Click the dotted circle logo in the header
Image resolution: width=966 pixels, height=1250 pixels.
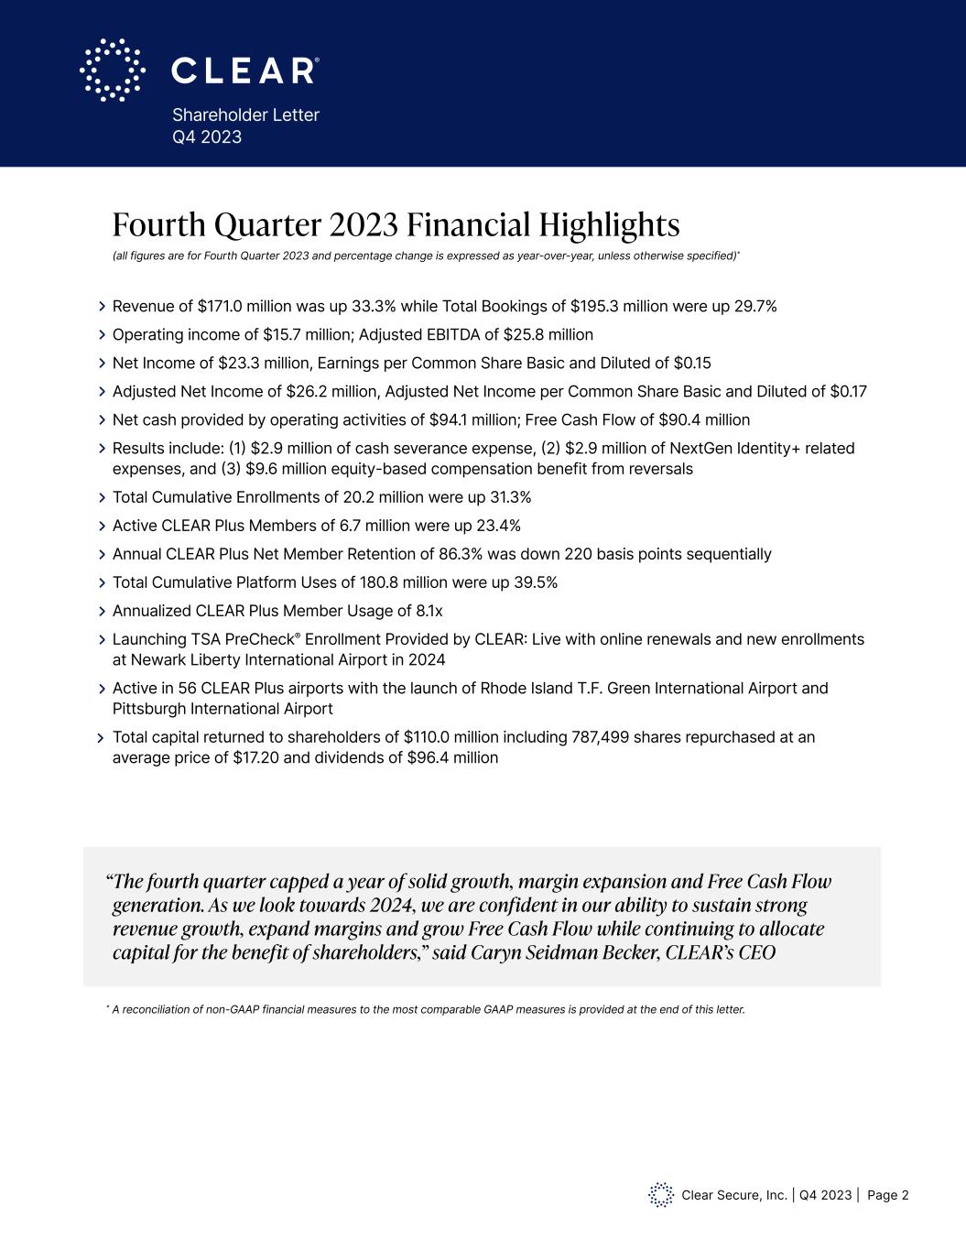tap(113, 70)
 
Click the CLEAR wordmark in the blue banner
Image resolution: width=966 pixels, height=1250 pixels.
tap(244, 71)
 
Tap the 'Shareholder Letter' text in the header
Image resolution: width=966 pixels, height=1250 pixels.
tap(245, 114)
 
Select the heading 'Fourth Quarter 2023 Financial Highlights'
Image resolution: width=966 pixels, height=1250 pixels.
tap(396, 224)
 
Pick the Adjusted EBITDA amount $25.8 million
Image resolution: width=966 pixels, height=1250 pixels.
tap(548, 334)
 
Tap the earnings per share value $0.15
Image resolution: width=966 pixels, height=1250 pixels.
tap(692, 363)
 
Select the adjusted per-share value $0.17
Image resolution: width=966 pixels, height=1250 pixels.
tap(848, 391)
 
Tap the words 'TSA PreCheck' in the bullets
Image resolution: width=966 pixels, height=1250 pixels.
tap(247, 639)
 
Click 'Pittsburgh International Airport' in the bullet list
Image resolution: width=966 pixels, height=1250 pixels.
tap(223, 709)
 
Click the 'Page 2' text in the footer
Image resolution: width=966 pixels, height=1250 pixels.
tap(888, 1195)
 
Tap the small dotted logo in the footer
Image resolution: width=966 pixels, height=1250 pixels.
tap(660, 1195)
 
